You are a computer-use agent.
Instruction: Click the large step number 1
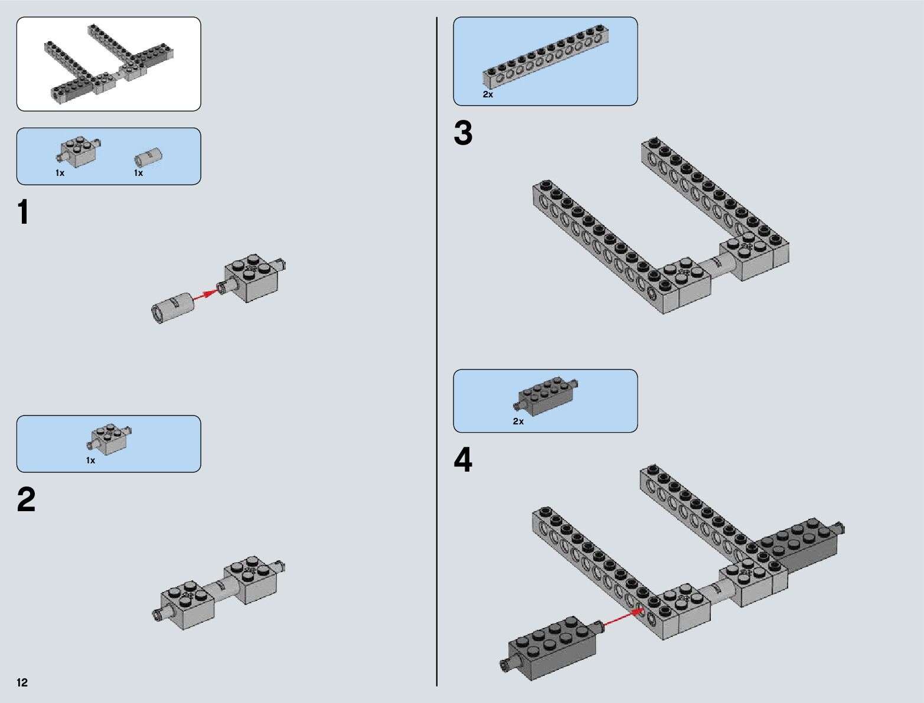click(x=24, y=212)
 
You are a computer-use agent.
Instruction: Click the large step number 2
click(x=27, y=500)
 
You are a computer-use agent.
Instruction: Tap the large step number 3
click(x=463, y=133)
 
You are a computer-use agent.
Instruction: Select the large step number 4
click(x=463, y=460)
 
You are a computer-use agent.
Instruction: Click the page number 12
click(x=22, y=682)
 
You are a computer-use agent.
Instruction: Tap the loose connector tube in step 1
click(x=172, y=307)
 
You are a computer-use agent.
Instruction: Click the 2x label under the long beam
click(x=488, y=94)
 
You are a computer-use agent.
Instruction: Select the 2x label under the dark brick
click(x=518, y=421)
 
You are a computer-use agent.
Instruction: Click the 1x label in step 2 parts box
click(x=90, y=460)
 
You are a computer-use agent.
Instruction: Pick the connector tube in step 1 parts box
click(x=148, y=158)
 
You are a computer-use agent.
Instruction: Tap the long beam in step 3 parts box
click(x=546, y=57)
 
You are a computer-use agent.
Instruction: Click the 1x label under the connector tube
click(x=138, y=173)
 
